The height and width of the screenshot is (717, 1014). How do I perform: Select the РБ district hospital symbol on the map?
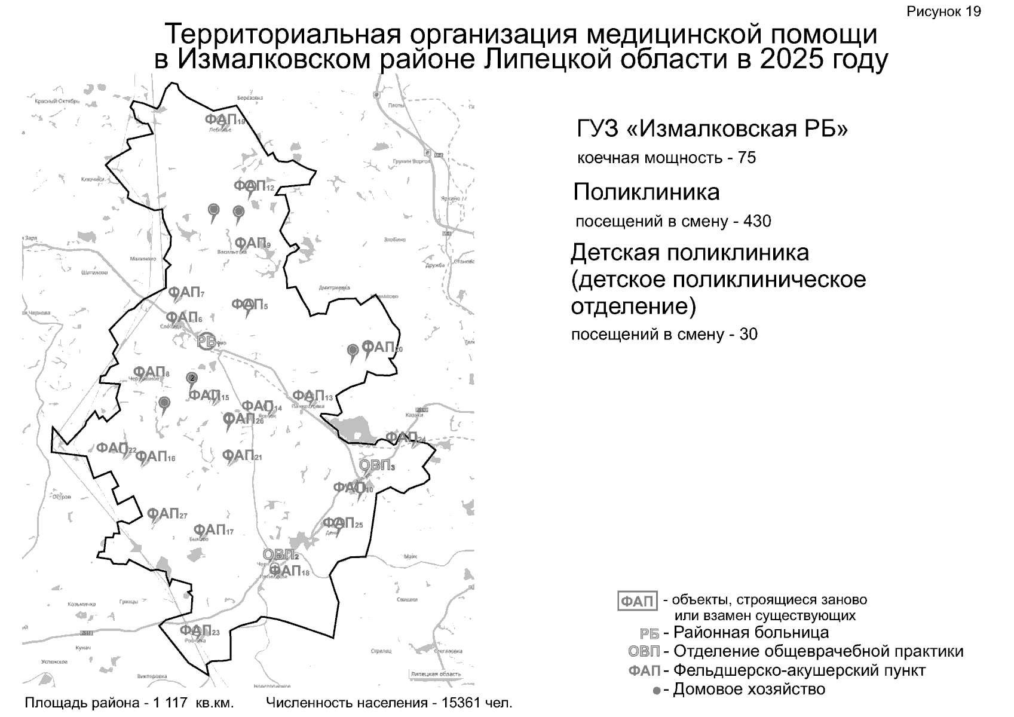207,341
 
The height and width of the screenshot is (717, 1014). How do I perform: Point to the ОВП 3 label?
376,465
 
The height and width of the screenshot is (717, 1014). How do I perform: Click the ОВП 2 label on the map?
280,554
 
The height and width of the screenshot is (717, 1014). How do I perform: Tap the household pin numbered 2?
192,378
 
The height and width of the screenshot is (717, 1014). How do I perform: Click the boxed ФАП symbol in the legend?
637,601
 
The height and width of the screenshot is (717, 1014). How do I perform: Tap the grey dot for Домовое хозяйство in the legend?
657,691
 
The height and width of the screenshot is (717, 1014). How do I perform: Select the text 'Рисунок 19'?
943,12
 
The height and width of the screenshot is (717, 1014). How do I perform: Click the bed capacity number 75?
747,158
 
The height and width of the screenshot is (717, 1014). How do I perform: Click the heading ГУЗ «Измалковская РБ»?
712,129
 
